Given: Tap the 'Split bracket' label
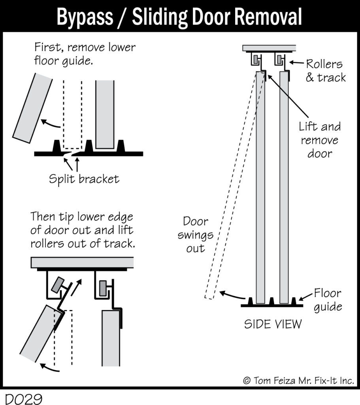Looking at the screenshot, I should pos(84,179).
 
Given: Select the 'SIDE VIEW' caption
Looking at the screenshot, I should pos(273,324).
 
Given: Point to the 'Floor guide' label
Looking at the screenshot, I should pos(328,300).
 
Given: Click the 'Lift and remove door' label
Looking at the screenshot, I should pos(319,140).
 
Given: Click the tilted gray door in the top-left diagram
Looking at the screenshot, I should pos(32,108).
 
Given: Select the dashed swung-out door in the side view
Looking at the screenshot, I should pos(229,186).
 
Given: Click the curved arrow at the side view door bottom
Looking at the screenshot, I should pos(231,295).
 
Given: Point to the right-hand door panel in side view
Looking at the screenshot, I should pos(284,186).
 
